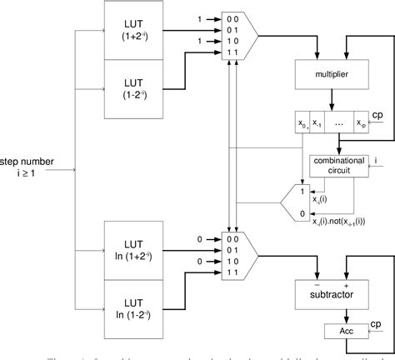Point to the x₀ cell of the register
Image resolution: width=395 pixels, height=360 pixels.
coord(298,122)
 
